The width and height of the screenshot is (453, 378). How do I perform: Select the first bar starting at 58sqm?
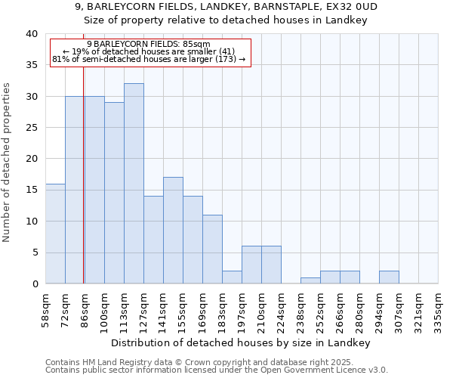click(55, 234)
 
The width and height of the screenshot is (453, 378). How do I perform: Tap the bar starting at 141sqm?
click(173, 231)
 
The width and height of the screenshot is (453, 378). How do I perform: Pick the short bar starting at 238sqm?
click(310, 280)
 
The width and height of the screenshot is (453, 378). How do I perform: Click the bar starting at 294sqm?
click(389, 277)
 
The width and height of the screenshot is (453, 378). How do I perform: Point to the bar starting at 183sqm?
click(232, 277)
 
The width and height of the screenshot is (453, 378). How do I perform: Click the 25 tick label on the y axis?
click(32, 128)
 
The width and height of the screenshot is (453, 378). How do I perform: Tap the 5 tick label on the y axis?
click(35, 253)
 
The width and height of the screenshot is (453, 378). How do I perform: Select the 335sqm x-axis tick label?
click(438, 310)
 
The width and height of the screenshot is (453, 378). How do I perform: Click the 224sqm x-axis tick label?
click(281, 310)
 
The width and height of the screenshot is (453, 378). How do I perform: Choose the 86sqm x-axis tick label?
click(85, 310)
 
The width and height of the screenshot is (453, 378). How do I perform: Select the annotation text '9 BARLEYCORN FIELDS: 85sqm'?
click(149, 44)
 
